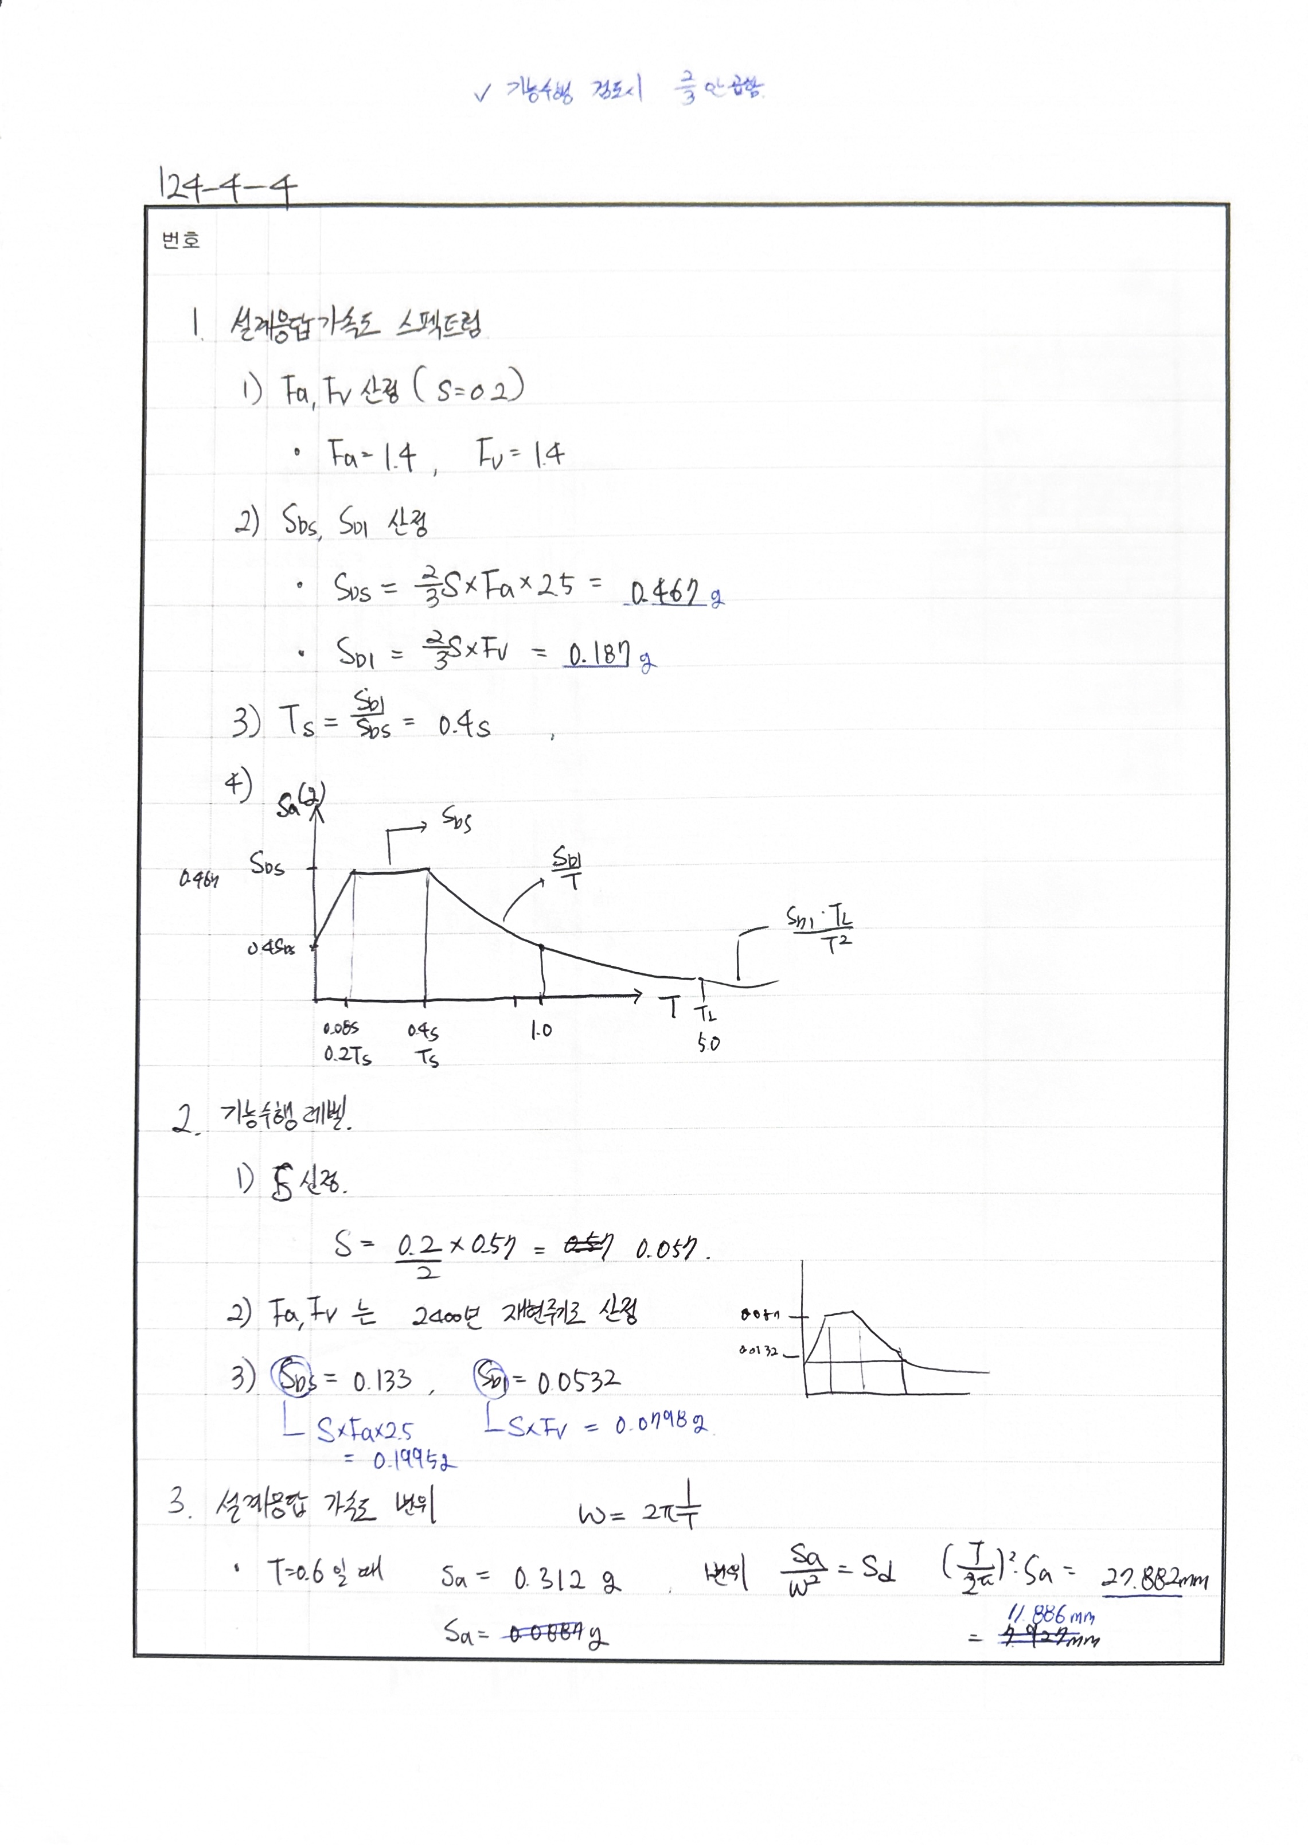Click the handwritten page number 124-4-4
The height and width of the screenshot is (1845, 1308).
[227, 187]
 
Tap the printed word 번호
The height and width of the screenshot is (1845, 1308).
[181, 240]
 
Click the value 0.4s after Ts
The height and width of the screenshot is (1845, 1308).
[464, 727]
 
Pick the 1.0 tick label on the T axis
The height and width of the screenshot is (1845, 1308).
[541, 1030]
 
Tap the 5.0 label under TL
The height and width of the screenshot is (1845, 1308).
[708, 1044]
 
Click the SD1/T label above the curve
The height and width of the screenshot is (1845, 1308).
[567, 867]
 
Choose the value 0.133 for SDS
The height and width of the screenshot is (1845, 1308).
[382, 1382]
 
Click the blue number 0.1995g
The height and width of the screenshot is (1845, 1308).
[413, 1461]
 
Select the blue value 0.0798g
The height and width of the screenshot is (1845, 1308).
[662, 1425]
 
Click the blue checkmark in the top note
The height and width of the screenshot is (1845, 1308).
[482, 94]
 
